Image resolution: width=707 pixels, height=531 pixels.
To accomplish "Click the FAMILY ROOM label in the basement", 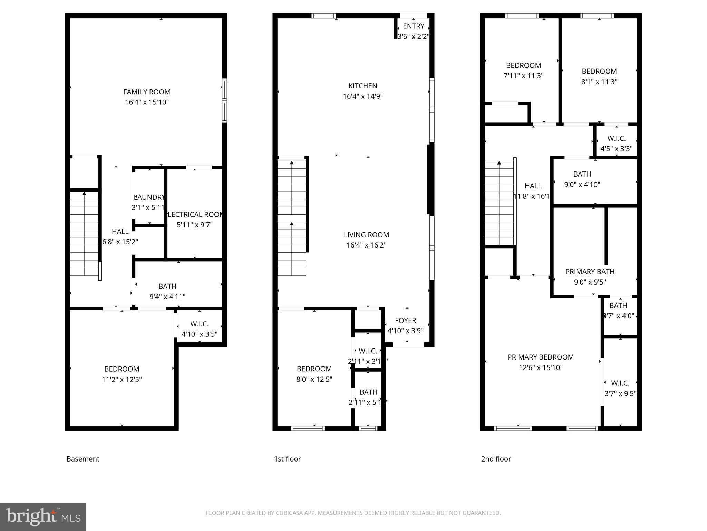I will point(147,92).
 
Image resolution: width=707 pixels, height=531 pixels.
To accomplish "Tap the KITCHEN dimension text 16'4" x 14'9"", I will point(362,96).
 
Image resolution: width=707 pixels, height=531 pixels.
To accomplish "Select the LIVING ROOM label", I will point(366,235).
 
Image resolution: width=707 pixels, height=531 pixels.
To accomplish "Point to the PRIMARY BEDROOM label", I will point(541,357).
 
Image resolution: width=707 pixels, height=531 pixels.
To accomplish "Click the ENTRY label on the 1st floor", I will point(413,26).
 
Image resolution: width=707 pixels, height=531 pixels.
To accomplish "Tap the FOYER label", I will point(406,320).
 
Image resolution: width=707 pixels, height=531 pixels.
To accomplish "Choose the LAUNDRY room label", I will point(149,197).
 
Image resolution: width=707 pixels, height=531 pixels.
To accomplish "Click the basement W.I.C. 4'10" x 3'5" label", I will point(200,329).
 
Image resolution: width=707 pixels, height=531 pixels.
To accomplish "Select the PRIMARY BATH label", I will point(590,272).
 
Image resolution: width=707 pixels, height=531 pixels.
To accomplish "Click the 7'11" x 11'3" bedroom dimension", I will point(523,76).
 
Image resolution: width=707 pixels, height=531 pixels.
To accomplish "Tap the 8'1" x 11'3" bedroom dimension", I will point(599,82).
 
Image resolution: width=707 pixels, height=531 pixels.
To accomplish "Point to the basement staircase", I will point(85,235).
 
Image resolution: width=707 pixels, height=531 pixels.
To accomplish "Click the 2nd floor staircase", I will point(499,204).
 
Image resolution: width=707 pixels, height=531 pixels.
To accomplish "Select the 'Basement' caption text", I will point(83,459).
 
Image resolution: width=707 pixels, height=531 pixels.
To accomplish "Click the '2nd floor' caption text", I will point(496,459).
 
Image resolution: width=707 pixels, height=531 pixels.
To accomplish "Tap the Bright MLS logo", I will point(43,516).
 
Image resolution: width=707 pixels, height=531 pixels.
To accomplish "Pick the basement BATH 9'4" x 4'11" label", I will point(167,291).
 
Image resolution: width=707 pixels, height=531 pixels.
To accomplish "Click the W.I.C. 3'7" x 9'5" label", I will point(620,388).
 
